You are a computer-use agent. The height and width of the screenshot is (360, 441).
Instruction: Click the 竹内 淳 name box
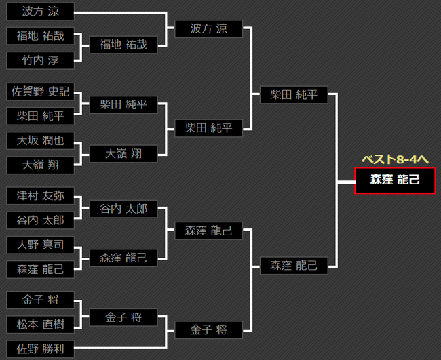pyautogui.click(x=40, y=61)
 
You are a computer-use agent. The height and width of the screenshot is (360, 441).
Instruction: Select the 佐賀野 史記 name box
pyautogui.click(x=40, y=92)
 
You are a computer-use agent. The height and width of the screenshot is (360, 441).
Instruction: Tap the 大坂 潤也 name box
pyautogui.click(x=40, y=140)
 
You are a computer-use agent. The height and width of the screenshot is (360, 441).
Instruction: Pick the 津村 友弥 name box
pyautogui.click(x=40, y=196)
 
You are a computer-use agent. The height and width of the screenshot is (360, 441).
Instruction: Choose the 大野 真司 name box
pyautogui.click(x=40, y=245)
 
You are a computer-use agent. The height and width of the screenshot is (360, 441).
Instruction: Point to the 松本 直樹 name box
pyautogui.click(x=40, y=325)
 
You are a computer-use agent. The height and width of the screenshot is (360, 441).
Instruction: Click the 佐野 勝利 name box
pyautogui.click(x=40, y=350)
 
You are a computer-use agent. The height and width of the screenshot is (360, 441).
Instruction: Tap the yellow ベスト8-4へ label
pyautogui.click(x=395, y=159)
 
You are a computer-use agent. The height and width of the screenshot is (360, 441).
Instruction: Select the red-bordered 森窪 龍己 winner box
pyautogui.click(x=395, y=180)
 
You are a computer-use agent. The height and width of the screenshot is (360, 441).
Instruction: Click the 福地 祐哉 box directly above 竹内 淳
pyautogui.click(x=40, y=36)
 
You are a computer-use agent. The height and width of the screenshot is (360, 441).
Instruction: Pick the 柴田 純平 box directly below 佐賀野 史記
pyautogui.click(x=40, y=116)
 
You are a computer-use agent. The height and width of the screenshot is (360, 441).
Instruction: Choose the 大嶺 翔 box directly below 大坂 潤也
pyautogui.click(x=40, y=165)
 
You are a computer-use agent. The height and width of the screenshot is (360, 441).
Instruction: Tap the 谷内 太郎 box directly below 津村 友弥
pyautogui.click(x=40, y=220)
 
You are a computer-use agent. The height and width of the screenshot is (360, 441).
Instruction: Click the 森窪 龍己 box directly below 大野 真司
pyautogui.click(x=40, y=269)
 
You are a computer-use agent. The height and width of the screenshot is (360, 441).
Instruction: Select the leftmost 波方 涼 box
pyautogui.click(x=40, y=12)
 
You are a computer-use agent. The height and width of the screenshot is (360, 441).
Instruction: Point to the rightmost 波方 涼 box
pyautogui.click(x=208, y=29)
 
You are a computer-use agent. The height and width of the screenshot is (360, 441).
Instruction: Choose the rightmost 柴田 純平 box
pyautogui.click(x=294, y=95)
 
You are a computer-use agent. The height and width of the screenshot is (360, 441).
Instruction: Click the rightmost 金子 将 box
pyautogui.click(x=208, y=331)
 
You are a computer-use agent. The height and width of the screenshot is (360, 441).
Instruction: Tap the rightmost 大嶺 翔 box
pyautogui.click(x=123, y=153)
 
